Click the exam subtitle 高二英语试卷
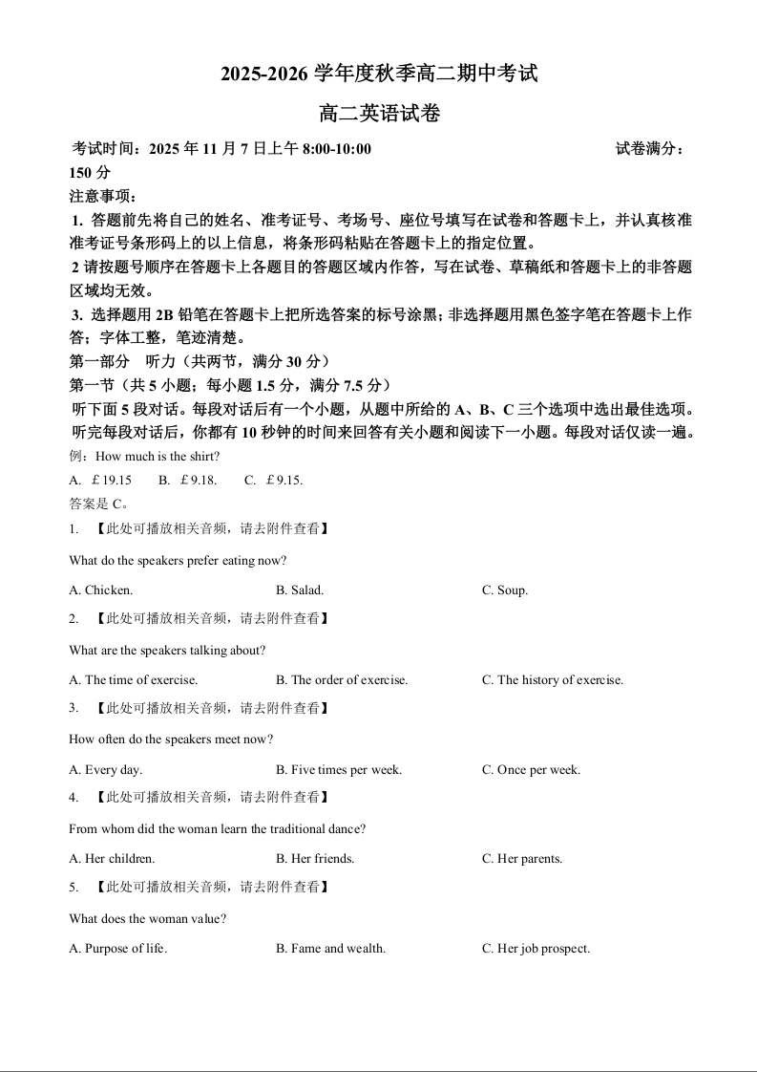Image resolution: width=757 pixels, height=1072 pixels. click(379, 114)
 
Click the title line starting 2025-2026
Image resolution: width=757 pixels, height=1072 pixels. click(379, 74)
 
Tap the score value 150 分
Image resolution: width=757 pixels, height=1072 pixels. click(91, 173)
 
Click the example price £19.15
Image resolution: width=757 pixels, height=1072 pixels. click(109, 480)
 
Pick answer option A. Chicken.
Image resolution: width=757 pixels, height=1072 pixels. click(101, 590)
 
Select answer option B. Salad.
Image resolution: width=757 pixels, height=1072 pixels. click(300, 590)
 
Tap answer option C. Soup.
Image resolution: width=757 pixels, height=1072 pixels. click(505, 590)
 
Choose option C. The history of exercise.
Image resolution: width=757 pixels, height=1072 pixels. click(553, 680)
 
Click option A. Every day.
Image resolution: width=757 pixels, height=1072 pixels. click(106, 770)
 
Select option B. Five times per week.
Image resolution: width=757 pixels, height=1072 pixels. click(339, 770)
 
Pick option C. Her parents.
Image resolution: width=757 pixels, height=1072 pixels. click(522, 859)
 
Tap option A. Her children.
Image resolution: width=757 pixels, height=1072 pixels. click(112, 859)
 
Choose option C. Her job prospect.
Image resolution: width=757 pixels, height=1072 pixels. click(536, 949)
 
